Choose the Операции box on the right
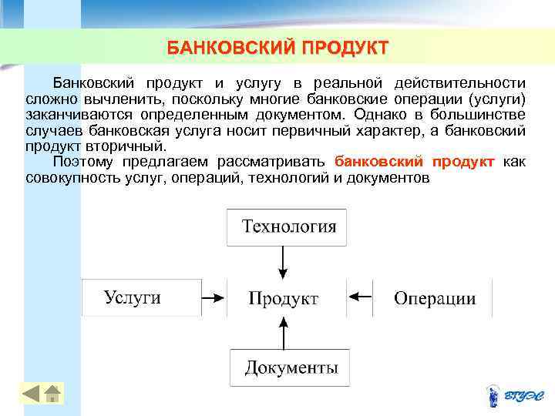point(434,298)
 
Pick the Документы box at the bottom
point(290,367)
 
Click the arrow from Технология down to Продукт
point(284,261)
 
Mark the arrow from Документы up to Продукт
point(284,333)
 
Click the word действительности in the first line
point(460,83)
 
